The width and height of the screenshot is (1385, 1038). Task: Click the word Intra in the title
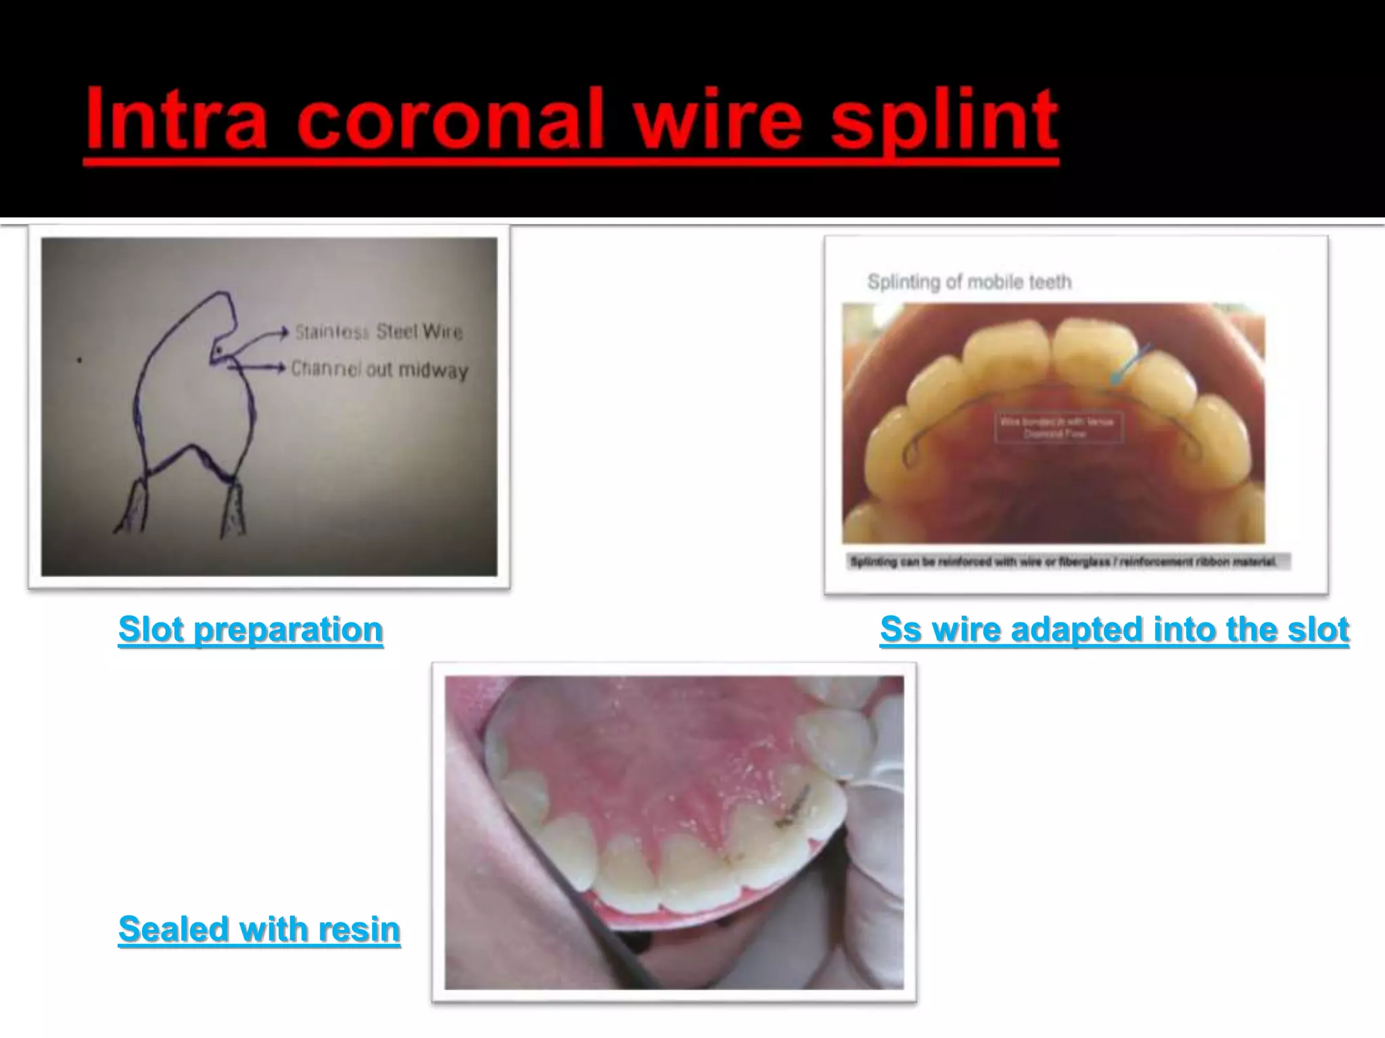click(176, 120)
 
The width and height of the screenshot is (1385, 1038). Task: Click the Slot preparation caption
click(250, 630)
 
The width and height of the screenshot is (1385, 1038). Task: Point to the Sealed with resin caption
click(259, 929)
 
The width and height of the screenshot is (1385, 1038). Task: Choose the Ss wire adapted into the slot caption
click(1114, 630)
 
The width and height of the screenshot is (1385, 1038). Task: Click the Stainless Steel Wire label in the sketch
click(378, 332)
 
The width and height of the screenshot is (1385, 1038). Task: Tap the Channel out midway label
click(379, 370)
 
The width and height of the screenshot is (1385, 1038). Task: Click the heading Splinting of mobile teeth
click(969, 282)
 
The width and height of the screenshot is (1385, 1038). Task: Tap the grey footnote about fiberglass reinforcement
click(1066, 562)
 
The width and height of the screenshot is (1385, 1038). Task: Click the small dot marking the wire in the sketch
click(220, 349)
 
